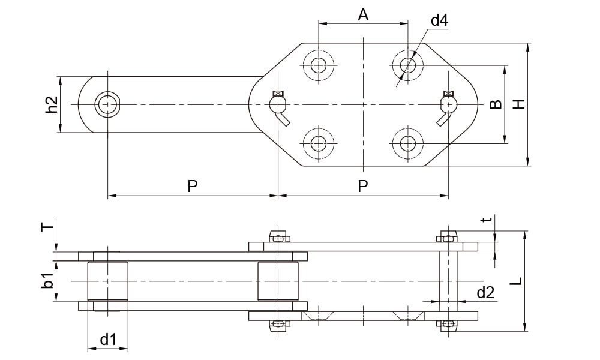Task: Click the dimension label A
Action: click(x=363, y=15)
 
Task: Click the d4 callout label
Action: click(x=440, y=21)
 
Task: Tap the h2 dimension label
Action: click(x=52, y=104)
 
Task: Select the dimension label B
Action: click(x=495, y=104)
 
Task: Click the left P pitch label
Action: click(x=192, y=186)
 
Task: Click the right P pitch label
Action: click(x=363, y=186)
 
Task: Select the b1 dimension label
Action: click(x=48, y=280)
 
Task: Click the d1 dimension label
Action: click(x=108, y=340)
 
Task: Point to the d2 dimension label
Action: click(x=485, y=293)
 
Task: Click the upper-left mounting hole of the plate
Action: click(x=319, y=64)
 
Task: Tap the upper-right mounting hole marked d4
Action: click(x=408, y=64)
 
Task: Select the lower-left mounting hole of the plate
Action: click(x=319, y=143)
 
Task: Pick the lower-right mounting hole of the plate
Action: click(x=408, y=143)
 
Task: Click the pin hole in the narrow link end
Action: click(x=108, y=104)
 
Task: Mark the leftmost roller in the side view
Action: click(x=108, y=281)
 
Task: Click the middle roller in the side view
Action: click(x=278, y=281)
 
